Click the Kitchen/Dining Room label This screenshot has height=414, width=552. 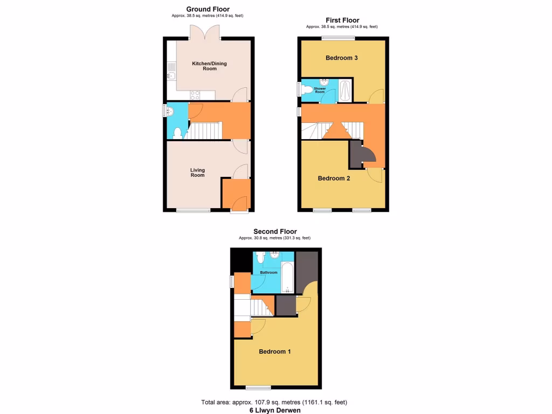click(x=210, y=66)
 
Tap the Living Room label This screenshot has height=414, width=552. click(x=197, y=172)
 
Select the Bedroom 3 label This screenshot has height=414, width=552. click(x=342, y=58)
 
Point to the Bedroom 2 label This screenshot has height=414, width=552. click(x=334, y=178)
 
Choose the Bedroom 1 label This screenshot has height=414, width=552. click(x=275, y=351)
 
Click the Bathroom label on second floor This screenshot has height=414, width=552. click(x=268, y=273)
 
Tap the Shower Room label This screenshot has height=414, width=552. click(x=320, y=90)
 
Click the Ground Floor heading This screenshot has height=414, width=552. click(x=208, y=9)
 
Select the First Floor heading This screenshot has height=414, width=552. click(x=342, y=20)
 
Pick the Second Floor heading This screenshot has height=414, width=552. click(x=275, y=232)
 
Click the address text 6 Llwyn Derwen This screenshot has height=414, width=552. click(x=275, y=410)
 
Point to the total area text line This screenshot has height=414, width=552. click(x=275, y=402)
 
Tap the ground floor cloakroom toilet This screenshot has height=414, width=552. click(x=178, y=133)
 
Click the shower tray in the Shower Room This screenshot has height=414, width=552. click(x=346, y=90)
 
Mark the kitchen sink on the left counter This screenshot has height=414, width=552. click(x=171, y=70)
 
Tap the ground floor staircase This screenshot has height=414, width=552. click(x=205, y=130)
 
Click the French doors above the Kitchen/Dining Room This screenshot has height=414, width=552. click(x=204, y=33)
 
